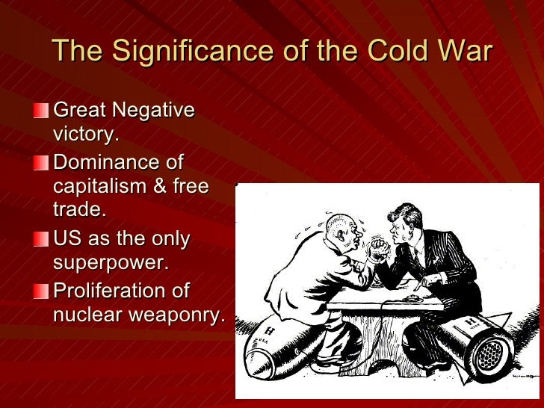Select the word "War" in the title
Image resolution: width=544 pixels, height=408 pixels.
pos(464,52)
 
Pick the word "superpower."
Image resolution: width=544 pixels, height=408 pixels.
pos(111,263)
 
